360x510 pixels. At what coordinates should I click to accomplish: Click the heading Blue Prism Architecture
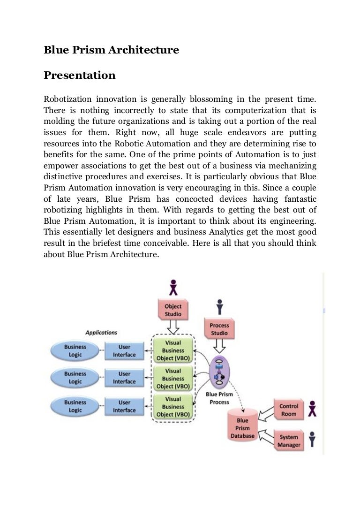click(111, 50)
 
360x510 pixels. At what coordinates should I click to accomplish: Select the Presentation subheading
click(79, 75)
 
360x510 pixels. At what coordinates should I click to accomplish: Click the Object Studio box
click(173, 310)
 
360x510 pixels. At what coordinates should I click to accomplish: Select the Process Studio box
click(219, 329)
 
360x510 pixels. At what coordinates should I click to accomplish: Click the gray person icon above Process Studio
click(219, 307)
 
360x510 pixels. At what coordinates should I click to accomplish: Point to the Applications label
click(101, 333)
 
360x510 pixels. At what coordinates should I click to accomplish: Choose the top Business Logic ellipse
click(75, 351)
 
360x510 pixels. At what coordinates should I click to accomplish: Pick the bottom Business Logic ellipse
click(75, 406)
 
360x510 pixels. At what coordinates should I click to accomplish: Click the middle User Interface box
click(124, 378)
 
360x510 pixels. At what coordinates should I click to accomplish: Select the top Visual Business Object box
click(173, 350)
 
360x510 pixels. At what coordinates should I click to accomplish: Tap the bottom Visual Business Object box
click(173, 406)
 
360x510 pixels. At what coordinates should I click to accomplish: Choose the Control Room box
click(288, 410)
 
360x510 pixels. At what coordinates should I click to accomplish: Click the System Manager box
click(288, 440)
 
